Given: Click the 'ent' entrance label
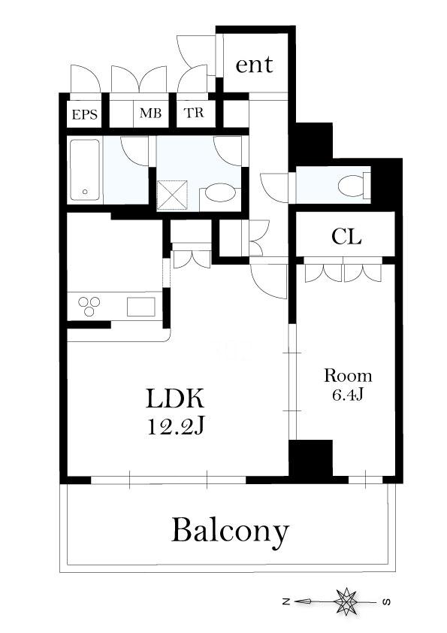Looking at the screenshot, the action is click(x=254, y=65).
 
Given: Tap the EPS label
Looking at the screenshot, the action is click(x=85, y=115).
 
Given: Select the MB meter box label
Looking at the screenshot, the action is click(x=150, y=113).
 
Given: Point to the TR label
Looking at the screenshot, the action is click(x=194, y=113).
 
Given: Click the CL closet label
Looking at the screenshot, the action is click(x=346, y=237).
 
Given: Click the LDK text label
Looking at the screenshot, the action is click(x=176, y=399).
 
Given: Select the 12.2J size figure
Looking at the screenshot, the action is click(x=175, y=426).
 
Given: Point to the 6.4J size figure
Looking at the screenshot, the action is click(x=348, y=395).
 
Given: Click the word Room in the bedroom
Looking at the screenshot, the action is click(x=348, y=376).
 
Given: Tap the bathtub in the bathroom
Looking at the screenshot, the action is click(x=85, y=170).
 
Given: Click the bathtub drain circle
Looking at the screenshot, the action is click(x=85, y=192).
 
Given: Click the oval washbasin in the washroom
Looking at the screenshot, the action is click(x=219, y=193).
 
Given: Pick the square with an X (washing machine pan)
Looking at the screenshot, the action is click(x=172, y=195).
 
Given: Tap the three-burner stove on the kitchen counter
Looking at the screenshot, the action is click(x=89, y=306).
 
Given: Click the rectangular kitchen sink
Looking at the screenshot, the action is click(x=141, y=307).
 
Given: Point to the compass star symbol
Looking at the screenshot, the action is click(x=346, y=602).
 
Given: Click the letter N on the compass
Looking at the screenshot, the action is click(x=286, y=602).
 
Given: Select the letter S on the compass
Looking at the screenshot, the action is click(x=385, y=602).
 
